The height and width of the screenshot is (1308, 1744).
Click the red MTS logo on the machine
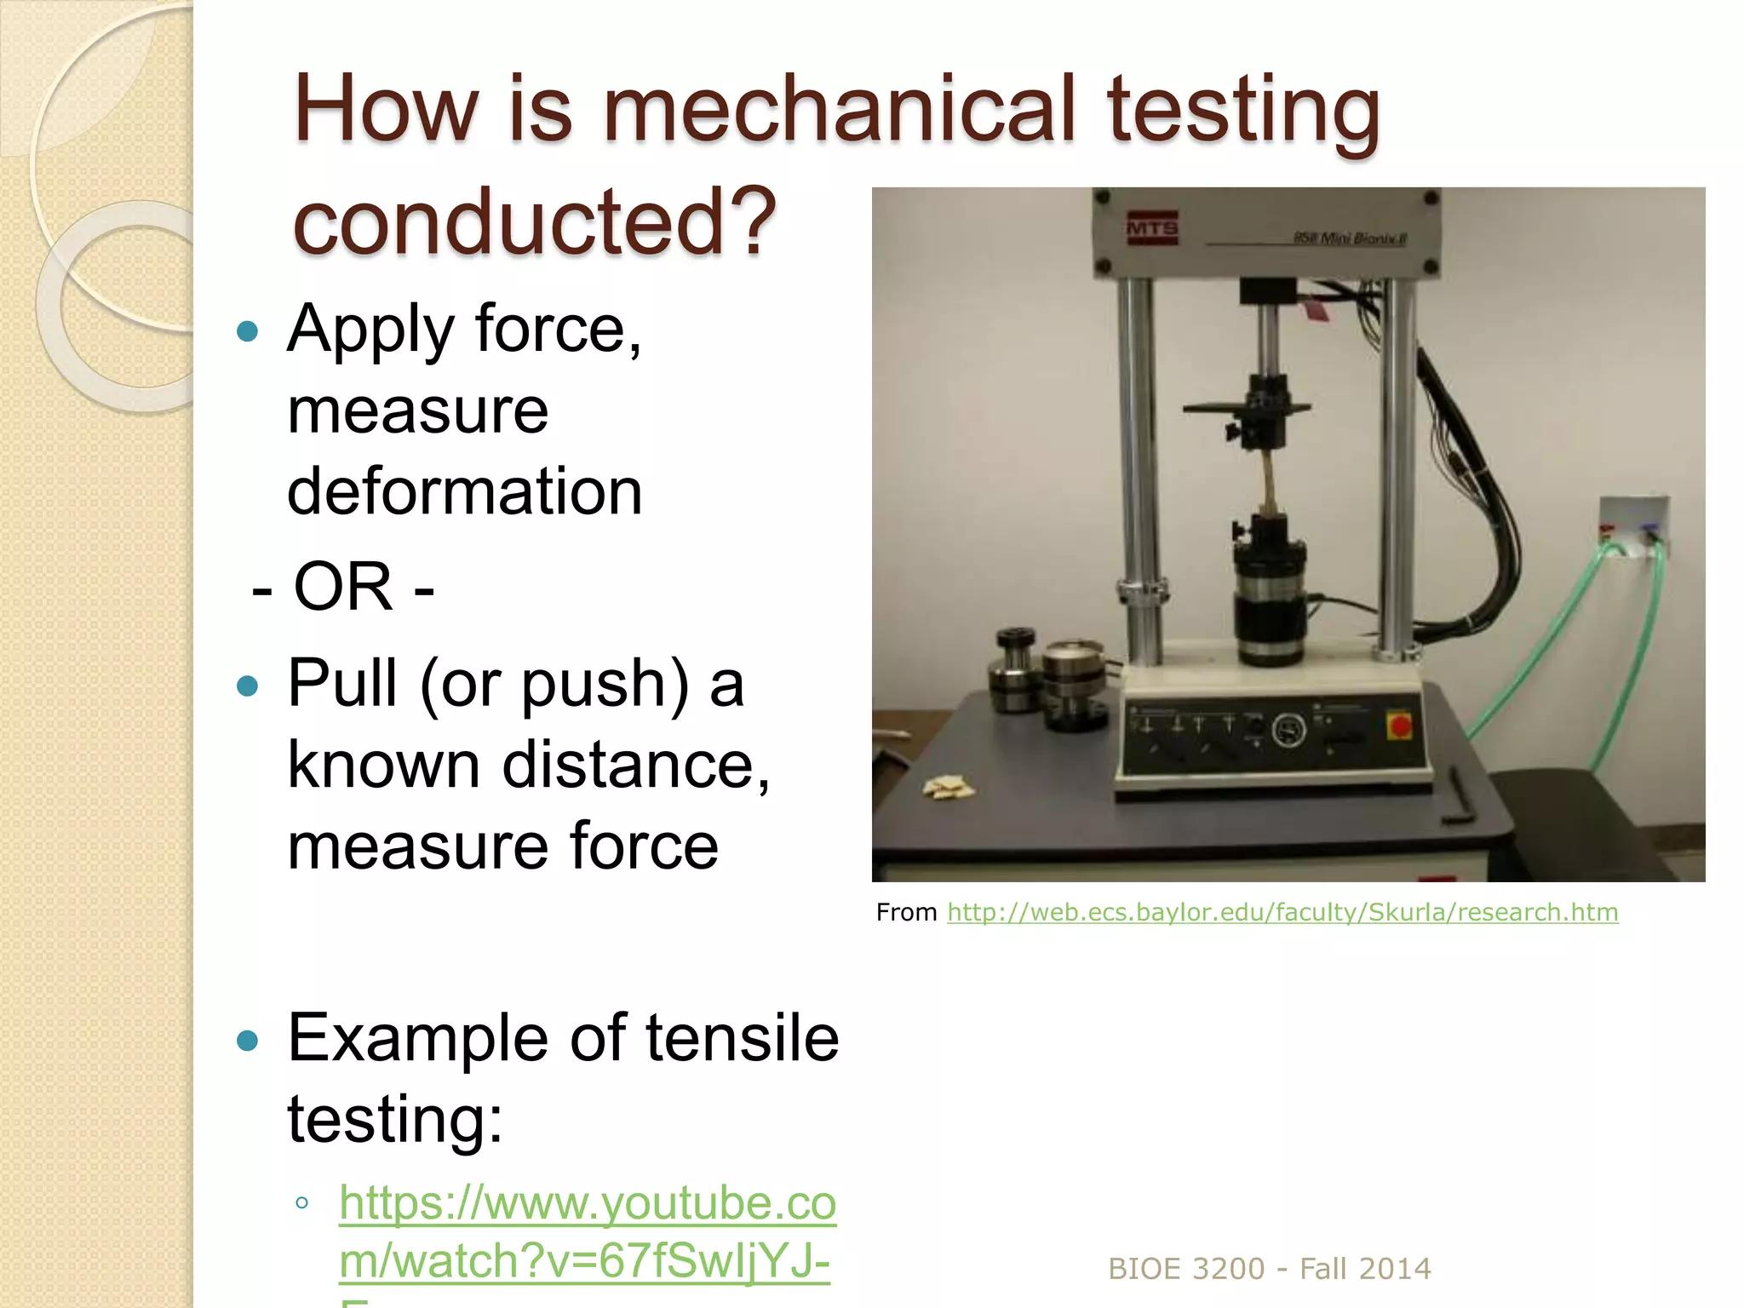(x=1151, y=228)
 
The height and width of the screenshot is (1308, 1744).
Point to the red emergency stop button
(x=1400, y=726)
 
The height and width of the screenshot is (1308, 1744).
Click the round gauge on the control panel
(x=1288, y=730)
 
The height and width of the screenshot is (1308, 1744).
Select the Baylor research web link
(x=1282, y=912)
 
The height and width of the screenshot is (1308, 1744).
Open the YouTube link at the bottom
(x=588, y=1231)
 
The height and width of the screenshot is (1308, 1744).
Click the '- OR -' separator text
(x=343, y=587)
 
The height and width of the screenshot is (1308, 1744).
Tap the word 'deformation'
(x=464, y=491)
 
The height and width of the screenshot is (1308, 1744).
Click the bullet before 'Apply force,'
(x=247, y=330)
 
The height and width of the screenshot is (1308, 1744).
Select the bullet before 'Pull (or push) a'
(x=247, y=686)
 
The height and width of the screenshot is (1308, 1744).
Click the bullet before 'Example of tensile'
(x=247, y=1040)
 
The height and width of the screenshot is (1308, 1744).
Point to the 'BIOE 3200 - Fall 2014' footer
(x=1269, y=1269)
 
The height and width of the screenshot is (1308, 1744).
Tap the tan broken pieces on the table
(x=949, y=788)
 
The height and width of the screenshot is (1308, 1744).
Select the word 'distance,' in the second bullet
(x=635, y=765)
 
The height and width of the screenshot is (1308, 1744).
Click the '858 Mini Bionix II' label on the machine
(x=1350, y=238)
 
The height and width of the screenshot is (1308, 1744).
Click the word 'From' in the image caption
(x=906, y=912)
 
